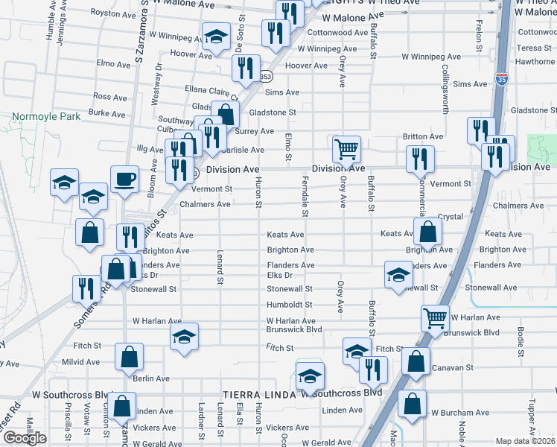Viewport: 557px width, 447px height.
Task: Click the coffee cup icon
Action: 124,179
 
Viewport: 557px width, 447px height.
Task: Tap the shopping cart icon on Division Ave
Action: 346,149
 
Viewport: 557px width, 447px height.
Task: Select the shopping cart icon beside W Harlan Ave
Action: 435,318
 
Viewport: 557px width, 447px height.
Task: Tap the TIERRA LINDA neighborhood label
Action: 259,393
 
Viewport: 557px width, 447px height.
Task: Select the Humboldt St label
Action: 289,305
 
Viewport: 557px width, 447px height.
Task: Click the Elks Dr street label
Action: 280,276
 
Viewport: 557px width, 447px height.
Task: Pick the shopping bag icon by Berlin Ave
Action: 129,358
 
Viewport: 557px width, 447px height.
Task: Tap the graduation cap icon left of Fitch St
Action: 184,337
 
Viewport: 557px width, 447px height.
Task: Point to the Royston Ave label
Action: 112,13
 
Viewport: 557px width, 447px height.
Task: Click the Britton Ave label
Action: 422,137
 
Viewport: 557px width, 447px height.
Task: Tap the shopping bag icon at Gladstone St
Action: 225,115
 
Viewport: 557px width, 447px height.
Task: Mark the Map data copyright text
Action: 526,441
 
